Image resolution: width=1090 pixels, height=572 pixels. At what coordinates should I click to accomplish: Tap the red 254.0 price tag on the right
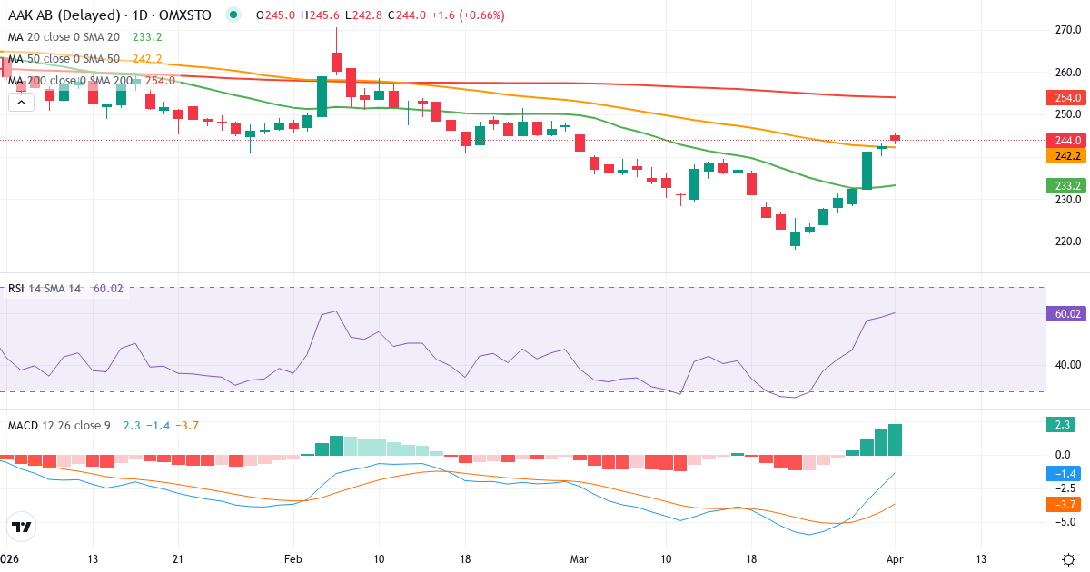point(1066,98)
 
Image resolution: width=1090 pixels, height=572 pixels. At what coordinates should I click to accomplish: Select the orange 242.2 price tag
point(1066,156)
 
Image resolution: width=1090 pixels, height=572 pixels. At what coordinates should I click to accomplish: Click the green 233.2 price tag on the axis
point(1066,185)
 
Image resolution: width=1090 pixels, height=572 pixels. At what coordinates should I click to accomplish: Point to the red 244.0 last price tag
point(1066,140)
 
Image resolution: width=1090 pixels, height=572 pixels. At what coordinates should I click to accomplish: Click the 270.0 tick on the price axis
point(1067,30)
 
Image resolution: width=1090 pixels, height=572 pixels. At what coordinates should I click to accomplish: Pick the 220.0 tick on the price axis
point(1067,242)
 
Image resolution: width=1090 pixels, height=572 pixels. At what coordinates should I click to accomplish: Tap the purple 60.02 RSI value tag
point(1066,313)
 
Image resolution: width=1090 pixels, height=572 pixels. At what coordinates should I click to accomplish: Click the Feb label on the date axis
point(292,558)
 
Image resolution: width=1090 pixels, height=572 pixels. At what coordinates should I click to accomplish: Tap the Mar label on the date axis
point(580,558)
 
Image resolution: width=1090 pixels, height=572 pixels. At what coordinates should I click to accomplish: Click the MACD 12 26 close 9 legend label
point(59,425)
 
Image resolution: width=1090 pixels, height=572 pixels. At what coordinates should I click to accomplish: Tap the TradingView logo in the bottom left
point(22,526)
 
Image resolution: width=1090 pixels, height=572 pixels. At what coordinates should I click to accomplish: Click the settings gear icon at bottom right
point(1069,558)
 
